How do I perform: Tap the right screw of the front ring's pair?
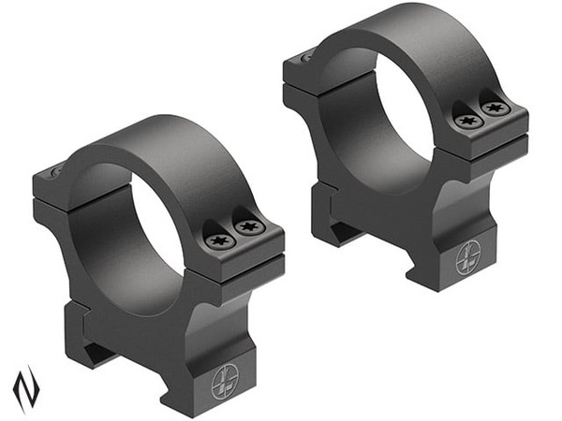pos(249,226)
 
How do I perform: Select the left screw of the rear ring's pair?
pos(467,121)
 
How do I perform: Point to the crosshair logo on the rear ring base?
pos(468,260)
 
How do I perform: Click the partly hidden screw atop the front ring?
pos(54,170)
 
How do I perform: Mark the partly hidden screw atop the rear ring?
pos(306,57)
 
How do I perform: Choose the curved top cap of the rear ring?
pos(403,37)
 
